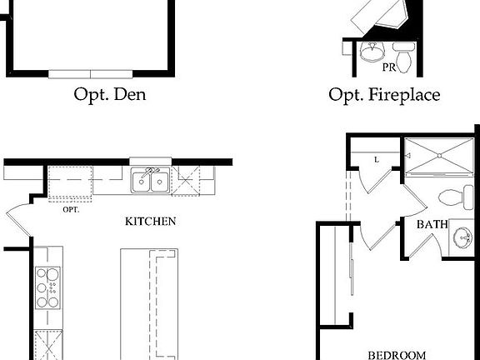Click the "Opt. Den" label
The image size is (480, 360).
(110, 94)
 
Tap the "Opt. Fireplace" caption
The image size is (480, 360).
(384, 95)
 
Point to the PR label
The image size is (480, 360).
(389, 67)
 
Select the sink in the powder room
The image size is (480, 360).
(370, 54)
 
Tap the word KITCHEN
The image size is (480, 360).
(150, 222)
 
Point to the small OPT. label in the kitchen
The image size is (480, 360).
(71, 209)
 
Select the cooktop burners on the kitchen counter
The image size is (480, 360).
(47, 287)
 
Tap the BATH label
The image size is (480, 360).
(433, 224)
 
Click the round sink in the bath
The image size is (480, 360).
(462, 240)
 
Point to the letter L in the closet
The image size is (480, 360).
(377, 158)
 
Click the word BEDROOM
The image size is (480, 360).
(397, 354)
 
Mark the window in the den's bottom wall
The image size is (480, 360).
(90, 73)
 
